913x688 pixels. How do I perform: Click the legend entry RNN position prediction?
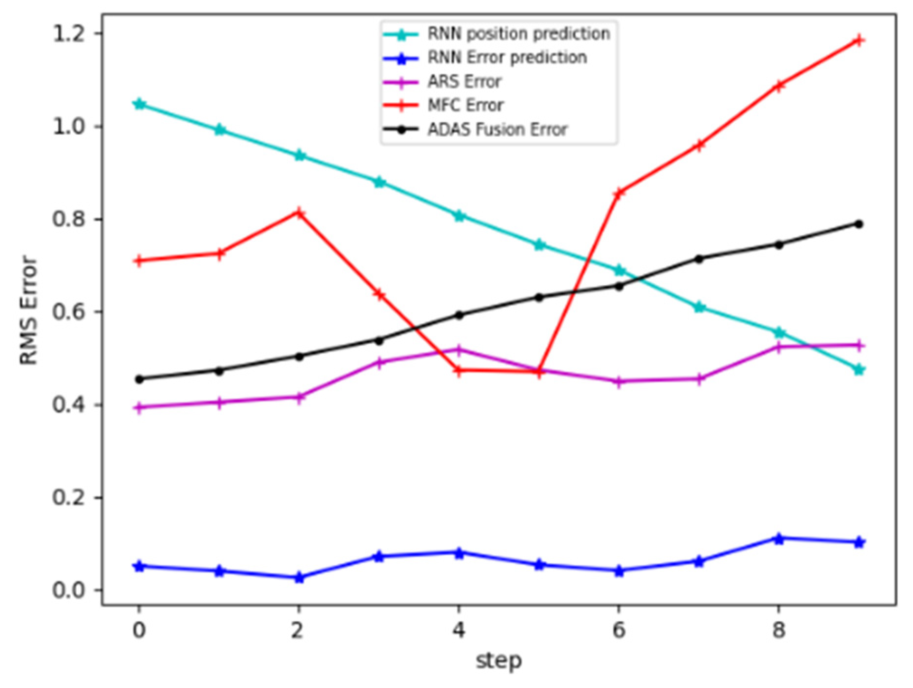(518, 34)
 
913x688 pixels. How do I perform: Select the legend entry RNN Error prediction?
(507, 57)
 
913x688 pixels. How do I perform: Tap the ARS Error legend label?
(464, 82)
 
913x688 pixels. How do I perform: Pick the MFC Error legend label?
(466, 105)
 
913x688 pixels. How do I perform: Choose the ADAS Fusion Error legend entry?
(497, 130)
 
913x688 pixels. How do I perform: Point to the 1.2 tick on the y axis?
(69, 34)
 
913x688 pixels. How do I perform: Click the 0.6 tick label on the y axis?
(69, 312)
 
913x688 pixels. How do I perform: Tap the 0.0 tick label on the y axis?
(69, 590)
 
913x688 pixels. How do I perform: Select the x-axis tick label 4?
(459, 630)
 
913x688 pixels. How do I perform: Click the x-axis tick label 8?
(778, 630)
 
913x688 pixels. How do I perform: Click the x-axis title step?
(498, 661)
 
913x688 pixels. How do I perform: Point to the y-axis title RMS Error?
(28, 310)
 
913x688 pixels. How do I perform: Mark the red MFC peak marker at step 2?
(299, 213)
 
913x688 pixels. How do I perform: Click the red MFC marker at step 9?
(858, 40)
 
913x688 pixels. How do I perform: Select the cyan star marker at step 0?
(139, 104)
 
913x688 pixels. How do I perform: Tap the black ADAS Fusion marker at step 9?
(858, 224)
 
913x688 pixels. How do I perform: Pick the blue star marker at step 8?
(778, 539)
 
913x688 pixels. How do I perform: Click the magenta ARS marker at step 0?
(139, 408)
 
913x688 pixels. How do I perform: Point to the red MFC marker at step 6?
(619, 193)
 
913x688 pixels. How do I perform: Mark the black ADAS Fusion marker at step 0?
(139, 379)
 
